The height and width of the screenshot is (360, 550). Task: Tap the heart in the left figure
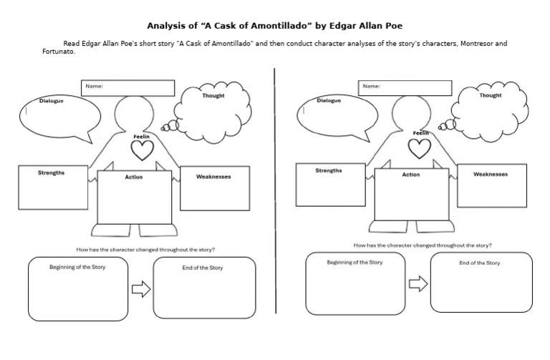pos(143,150)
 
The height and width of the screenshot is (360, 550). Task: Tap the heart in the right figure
pos(420,147)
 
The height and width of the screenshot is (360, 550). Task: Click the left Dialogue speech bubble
pos(59,118)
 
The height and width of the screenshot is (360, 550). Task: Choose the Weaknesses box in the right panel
pos(491,187)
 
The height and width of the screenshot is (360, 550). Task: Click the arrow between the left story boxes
pos(140,288)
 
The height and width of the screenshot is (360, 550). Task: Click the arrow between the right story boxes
pos(418,284)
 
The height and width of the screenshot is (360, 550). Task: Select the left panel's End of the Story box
pos(204,288)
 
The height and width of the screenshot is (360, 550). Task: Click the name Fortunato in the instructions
pos(59,52)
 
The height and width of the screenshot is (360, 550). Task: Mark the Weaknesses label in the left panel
pos(213,176)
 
